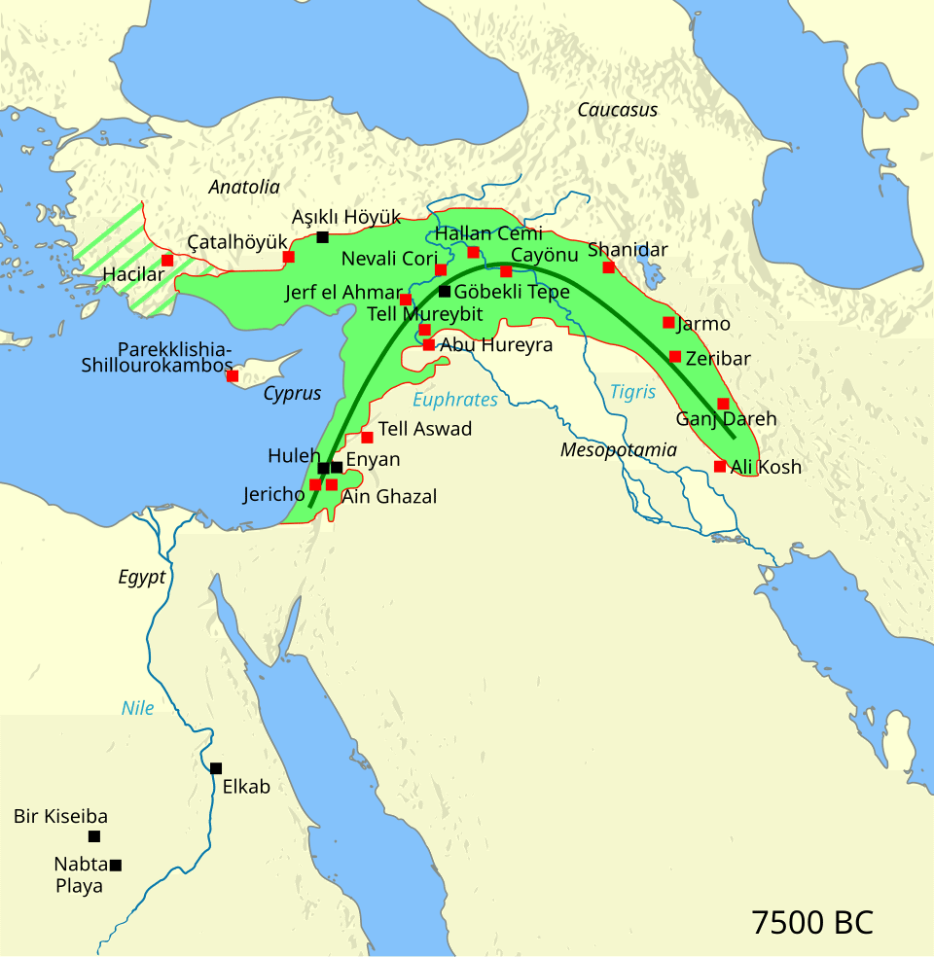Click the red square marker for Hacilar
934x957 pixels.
pyautogui.click(x=167, y=261)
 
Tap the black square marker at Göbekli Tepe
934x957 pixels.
pyautogui.click(x=445, y=291)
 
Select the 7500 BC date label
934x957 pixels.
pyautogui.click(x=812, y=922)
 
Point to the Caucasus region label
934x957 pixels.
pyautogui.click(x=617, y=110)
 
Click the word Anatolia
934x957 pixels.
pyautogui.click(x=244, y=188)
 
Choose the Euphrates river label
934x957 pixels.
pyautogui.click(x=454, y=400)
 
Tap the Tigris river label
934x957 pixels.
pyautogui.click(x=632, y=392)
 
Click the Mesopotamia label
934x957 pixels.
pyautogui.click(x=618, y=450)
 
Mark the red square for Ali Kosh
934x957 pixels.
pyautogui.click(x=720, y=467)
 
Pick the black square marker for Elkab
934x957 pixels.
pyautogui.click(x=216, y=768)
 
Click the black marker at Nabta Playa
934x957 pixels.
pyautogui.click(x=116, y=866)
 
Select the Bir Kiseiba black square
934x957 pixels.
pyautogui.click(x=94, y=836)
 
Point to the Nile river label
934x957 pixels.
pyautogui.click(x=137, y=708)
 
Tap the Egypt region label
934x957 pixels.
pyautogui.click(x=142, y=577)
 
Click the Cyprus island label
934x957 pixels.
pyautogui.click(x=292, y=394)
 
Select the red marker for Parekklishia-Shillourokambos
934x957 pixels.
pyautogui.click(x=232, y=375)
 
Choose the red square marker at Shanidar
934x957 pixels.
pyautogui.click(x=609, y=267)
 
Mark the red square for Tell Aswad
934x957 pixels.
pyautogui.click(x=367, y=437)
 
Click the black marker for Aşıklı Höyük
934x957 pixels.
pyautogui.click(x=322, y=237)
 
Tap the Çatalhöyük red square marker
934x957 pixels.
pyautogui.click(x=289, y=257)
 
